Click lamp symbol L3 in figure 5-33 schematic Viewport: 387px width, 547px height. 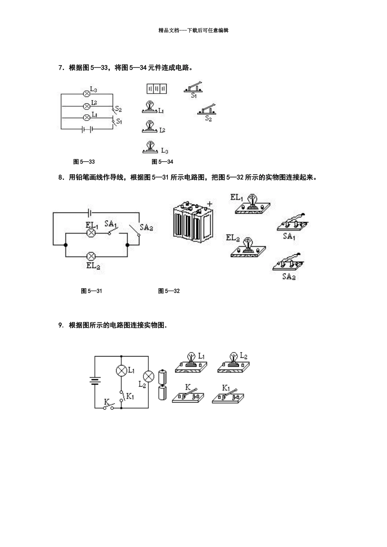86,94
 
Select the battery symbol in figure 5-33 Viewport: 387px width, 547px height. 87,129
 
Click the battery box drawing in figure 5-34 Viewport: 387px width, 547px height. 157,88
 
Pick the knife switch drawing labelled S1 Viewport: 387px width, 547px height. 194,87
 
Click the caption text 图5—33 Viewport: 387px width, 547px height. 84,162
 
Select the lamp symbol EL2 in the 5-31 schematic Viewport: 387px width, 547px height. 92,256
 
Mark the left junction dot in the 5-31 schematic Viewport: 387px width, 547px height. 66,245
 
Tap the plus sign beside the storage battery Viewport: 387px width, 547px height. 210,203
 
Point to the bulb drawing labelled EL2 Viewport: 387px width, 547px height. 247,248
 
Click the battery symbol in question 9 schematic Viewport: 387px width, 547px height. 95,381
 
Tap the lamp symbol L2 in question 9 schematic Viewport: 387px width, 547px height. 149,376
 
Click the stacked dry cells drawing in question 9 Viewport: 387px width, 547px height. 163,385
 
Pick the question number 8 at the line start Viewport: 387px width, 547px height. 61,177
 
